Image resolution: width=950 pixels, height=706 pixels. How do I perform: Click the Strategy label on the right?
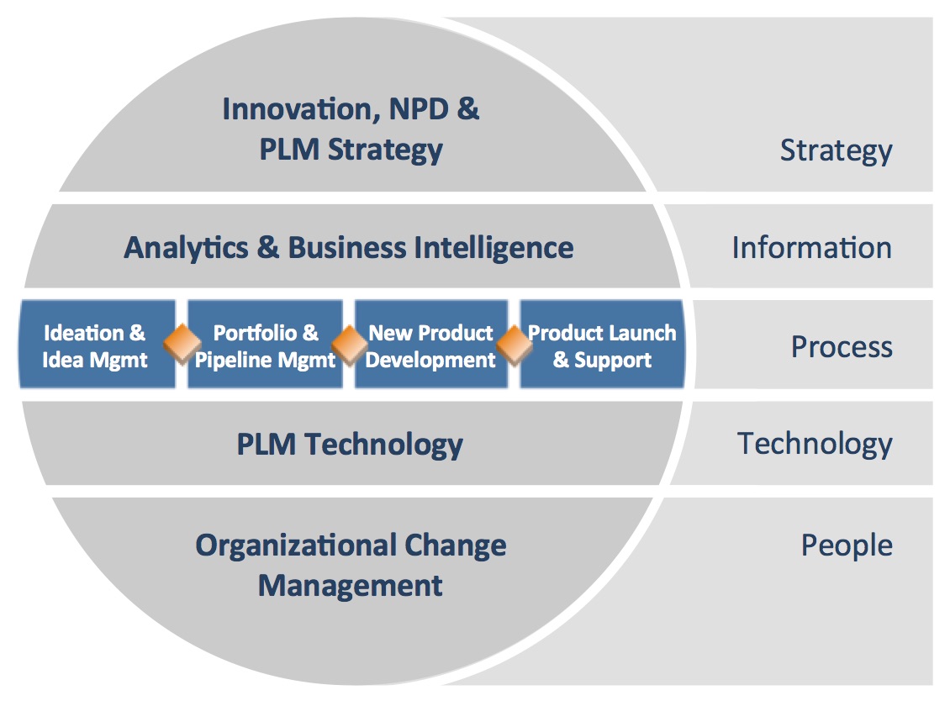tap(837, 150)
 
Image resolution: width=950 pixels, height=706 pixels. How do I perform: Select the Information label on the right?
tap(812, 248)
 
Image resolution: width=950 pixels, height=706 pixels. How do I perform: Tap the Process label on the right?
tap(842, 347)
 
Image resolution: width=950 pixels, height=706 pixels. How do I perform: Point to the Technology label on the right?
tap(815, 444)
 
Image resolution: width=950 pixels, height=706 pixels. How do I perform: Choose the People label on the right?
tap(847, 545)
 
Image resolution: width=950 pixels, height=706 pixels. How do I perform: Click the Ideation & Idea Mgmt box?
tap(97, 345)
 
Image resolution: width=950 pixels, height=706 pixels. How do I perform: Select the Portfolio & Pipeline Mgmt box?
tap(265, 345)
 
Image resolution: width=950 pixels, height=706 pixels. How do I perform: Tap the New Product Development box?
tap(430, 345)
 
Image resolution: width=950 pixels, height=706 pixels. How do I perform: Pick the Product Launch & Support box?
tap(602, 345)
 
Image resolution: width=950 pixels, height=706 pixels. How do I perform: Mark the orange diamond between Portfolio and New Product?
tap(349, 345)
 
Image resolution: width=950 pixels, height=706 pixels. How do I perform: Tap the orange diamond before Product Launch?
tap(515, 345)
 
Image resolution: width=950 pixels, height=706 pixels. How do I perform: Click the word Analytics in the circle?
tap(186, 249)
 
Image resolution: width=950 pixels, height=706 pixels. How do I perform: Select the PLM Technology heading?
tap(350, 445)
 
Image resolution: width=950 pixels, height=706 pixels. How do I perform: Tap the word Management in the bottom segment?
tap(351, 587)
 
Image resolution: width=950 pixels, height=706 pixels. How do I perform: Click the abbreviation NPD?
tap(419, 109)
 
